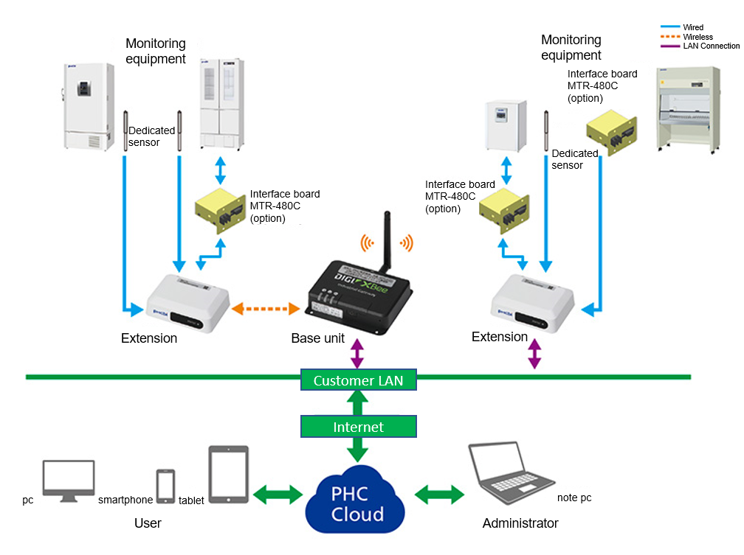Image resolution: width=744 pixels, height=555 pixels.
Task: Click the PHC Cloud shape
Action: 358,502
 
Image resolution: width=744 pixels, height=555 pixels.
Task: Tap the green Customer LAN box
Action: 359,380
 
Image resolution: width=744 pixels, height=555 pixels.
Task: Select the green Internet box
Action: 359,427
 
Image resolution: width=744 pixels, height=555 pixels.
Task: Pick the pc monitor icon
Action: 69,481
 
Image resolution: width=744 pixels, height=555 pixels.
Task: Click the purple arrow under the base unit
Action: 358,353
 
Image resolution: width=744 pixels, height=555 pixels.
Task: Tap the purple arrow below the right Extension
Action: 534,354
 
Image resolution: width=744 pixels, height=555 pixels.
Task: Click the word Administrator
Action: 520,523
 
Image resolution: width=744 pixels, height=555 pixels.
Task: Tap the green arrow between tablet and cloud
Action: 278,493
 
